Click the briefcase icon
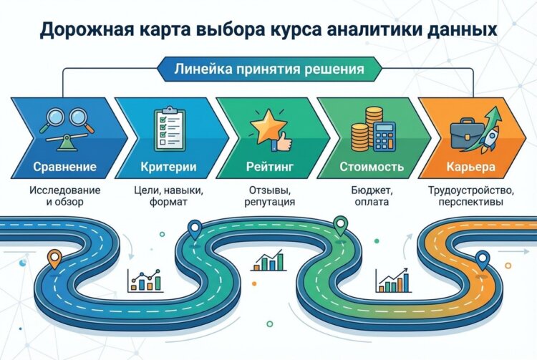click(x=463, y=137)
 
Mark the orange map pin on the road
click(x=53, y=258)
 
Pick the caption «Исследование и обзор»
click(x=65, y=197)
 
